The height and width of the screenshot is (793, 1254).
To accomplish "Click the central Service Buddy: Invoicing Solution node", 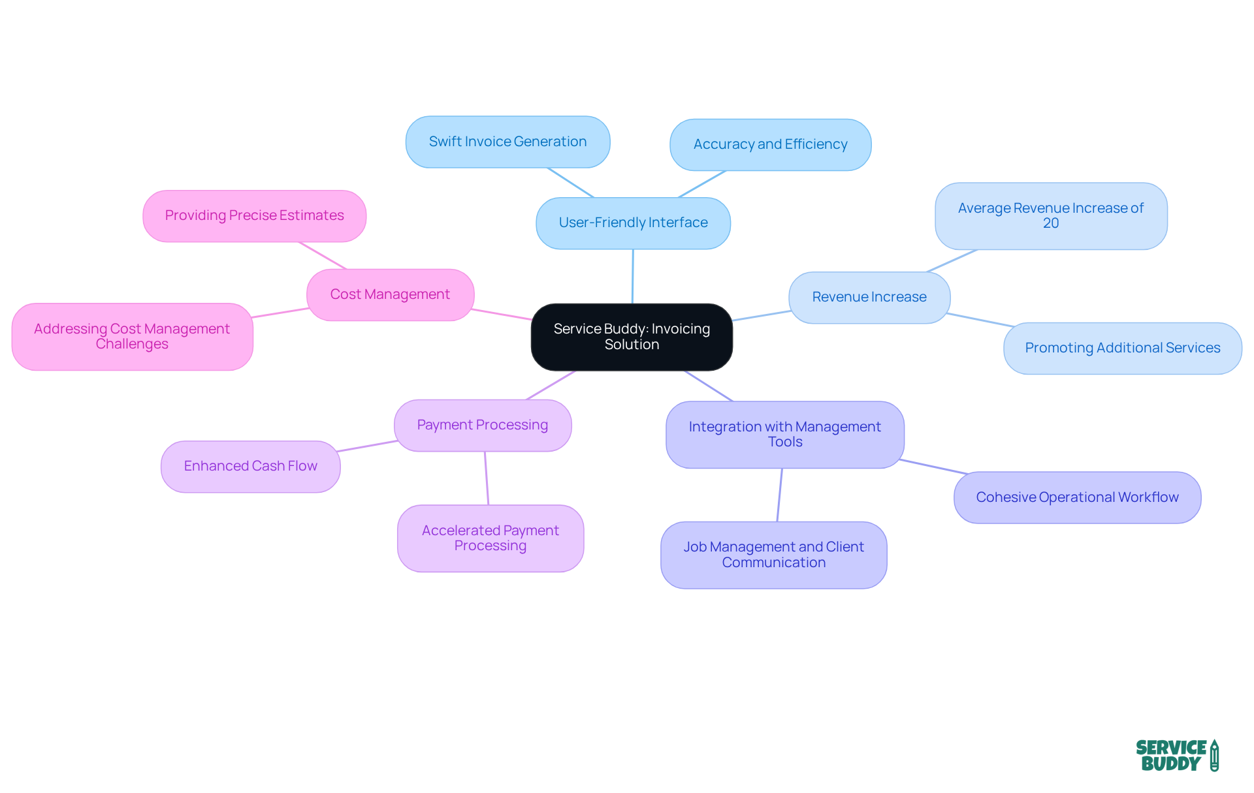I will pos(632,337).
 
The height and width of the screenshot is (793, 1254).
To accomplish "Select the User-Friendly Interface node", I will pos(633,223).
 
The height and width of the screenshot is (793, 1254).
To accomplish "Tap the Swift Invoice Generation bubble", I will pos(507,142).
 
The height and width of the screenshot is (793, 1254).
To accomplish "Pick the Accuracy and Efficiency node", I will pos(770,145).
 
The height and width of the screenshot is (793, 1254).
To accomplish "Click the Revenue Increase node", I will pos(869,298).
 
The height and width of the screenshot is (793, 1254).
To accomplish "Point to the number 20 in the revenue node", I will pos(1050,224).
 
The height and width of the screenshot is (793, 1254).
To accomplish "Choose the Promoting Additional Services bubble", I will pos(1122,349).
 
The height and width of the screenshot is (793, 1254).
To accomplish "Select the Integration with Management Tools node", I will pos(784,435).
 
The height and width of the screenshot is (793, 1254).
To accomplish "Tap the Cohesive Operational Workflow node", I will pos(1077,497).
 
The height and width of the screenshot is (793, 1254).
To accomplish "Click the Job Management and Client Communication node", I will pos(773,555).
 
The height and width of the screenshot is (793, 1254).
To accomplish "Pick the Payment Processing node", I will pos(483,426).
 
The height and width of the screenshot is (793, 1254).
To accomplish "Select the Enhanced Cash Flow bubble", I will pos(250,467).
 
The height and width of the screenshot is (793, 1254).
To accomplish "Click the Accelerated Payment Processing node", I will pos(490,538).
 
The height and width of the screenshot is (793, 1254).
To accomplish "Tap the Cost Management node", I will pos(390,295).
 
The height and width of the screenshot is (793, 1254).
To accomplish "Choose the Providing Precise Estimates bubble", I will pos(254,216).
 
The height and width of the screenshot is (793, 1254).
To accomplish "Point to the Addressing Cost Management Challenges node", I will pos(132,337).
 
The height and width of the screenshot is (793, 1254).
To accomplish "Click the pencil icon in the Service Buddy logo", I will pos(1214,756).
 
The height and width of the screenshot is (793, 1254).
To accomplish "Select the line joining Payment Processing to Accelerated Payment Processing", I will pos(487,478).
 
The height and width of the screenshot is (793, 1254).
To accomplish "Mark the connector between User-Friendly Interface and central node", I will pos(632,277).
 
